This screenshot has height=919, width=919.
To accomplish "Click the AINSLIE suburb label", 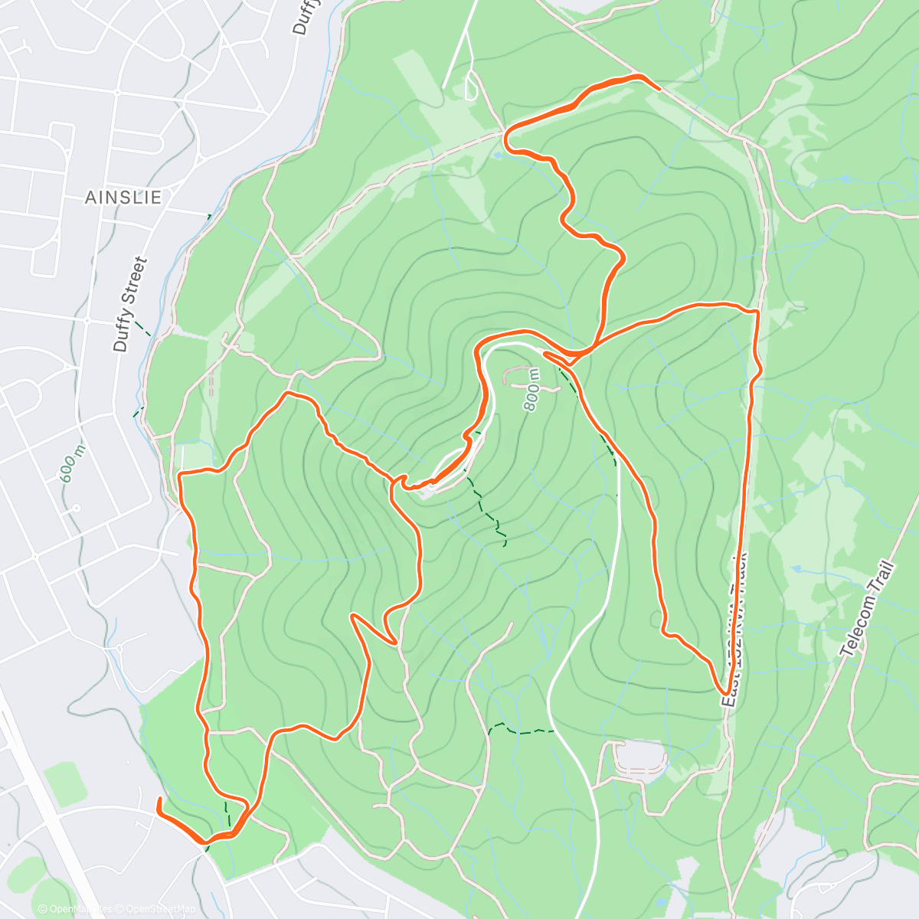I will [123, 198].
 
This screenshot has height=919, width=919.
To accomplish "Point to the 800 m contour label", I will [531, 389].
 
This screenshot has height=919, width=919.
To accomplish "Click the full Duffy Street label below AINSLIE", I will [129, 304].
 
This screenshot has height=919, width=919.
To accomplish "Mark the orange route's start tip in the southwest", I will [159, 800].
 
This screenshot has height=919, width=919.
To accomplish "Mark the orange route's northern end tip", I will [658, 88].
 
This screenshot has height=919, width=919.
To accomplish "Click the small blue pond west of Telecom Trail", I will [796, 570].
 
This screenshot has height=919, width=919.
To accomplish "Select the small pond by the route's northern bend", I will [499, 155].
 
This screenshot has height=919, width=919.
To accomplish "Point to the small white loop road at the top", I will [471, 86].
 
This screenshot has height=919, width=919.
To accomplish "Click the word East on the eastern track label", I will [729, 682].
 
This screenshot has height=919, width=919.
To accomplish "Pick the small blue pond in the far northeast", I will [845, 178].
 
